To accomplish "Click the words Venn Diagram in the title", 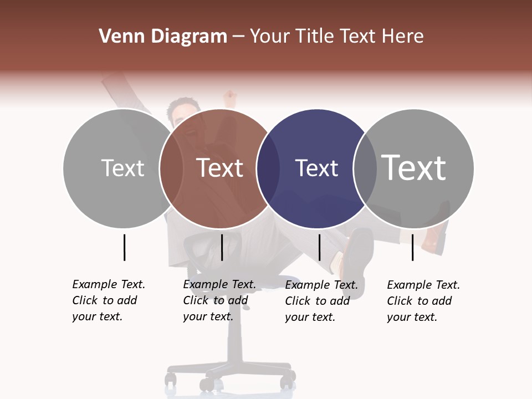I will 163,37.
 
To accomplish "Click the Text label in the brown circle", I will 220,168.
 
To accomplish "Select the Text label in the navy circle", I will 316,168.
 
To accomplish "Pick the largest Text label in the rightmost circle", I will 414,167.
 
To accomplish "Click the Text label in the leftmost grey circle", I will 122,168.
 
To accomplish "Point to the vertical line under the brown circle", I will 222,247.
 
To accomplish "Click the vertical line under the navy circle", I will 319,247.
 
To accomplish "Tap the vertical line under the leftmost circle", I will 124,247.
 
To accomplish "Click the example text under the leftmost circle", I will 109,300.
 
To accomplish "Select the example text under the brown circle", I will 219,300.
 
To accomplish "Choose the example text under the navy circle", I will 321,301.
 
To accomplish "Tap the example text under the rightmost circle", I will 423,301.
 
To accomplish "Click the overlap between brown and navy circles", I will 268,168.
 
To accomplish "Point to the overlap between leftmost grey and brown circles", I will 171,168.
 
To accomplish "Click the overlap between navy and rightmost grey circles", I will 365,168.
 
